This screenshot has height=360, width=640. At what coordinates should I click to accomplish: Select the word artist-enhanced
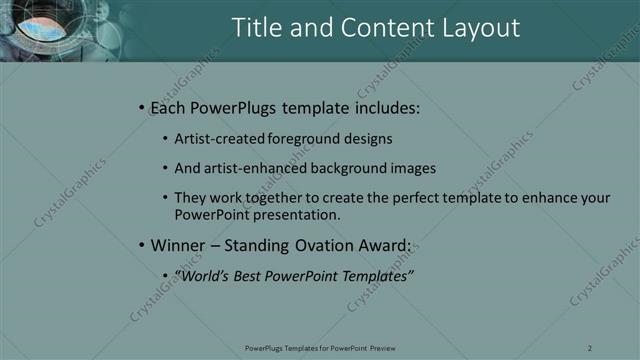(x=256, y=168)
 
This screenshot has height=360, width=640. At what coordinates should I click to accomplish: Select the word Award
(x=382, y=245)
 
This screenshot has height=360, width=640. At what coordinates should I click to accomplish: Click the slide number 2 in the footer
(x=590, y=347)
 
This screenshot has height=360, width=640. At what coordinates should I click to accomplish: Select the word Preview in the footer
(x=380, y=347)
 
